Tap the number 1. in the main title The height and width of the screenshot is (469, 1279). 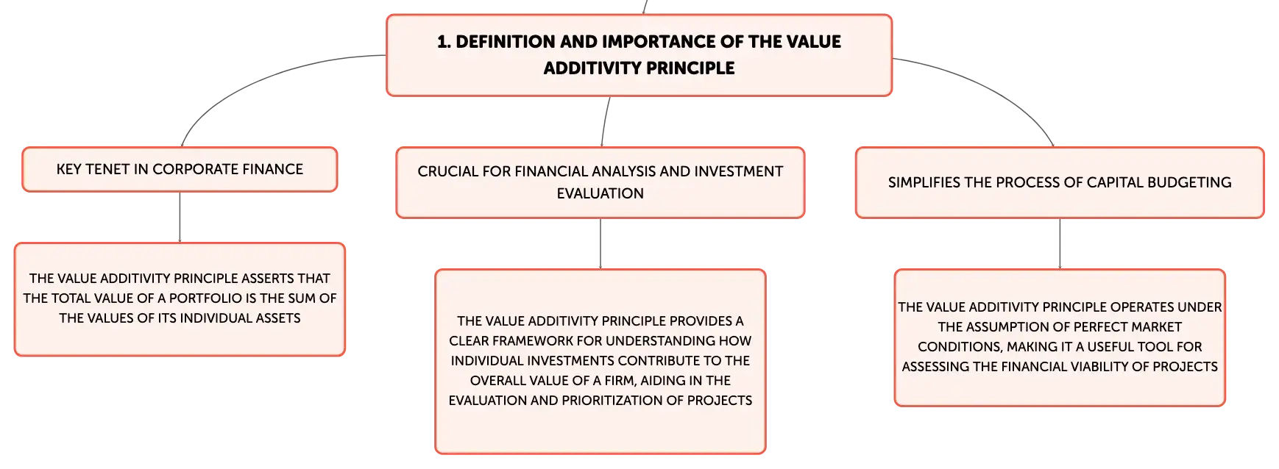(444, 42)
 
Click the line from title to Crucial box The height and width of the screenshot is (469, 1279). (605, 121)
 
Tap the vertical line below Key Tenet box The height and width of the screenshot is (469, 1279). (180, 218)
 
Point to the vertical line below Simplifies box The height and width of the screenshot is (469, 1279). (1060, 244)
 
